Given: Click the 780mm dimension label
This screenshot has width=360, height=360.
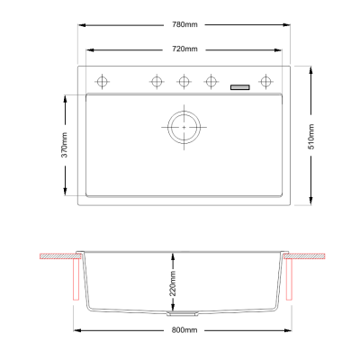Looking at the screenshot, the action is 184,24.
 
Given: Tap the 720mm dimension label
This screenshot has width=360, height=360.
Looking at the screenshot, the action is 184,49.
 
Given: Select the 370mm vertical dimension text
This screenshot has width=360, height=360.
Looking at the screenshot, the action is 65,145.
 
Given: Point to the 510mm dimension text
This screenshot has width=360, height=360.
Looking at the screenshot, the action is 311,137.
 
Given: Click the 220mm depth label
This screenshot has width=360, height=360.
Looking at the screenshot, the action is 173,283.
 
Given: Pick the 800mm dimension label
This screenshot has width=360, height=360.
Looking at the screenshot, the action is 184,330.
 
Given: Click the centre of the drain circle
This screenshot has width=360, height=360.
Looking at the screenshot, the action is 184,127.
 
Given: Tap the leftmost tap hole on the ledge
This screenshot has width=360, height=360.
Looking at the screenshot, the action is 102,81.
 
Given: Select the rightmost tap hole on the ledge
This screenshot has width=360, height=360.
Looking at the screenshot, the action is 265,81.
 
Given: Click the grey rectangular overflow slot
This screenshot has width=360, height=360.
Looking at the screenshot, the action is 240,87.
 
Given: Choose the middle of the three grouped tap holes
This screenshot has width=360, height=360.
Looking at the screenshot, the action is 184,81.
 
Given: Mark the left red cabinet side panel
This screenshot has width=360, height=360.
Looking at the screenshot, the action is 76,280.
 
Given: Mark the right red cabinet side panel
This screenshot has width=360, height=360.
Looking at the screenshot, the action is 289,280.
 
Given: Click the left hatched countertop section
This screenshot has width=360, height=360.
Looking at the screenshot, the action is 60,256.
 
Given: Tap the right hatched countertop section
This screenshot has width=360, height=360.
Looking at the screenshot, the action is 304,256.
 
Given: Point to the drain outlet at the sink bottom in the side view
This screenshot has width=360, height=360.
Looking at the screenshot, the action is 183,313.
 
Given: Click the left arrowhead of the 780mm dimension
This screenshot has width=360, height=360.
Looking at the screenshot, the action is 82,25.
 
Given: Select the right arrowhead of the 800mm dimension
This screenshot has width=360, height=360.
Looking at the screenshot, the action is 288,330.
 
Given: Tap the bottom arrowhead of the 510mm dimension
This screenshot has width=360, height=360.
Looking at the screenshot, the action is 311,201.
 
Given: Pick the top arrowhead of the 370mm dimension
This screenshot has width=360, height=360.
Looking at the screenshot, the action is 65,100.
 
